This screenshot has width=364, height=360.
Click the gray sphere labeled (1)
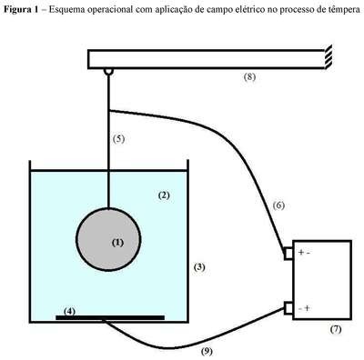(108, 239)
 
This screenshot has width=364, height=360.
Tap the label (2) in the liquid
(164, 195)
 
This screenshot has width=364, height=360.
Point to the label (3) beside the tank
(199, 267)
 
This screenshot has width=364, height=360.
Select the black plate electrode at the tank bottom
(110, 317)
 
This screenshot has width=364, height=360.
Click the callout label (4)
(70, 311)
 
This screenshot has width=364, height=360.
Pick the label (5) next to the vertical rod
(118, 139)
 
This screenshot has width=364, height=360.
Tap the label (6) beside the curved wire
(278, 205)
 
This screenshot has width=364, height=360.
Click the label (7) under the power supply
(336, 329)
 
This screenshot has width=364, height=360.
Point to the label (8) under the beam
(249, 76)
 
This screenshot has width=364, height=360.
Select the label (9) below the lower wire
(207, 352)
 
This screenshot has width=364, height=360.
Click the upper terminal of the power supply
(288, 254)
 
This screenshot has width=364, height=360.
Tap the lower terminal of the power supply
(288, 308)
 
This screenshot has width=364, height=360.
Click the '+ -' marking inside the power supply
(304, 253)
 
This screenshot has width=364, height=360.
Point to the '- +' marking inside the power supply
(304, 308)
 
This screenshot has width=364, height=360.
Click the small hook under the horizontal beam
(108, 72)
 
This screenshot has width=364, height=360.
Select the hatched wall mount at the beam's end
(329, 57)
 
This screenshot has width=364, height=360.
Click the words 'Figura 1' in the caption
(22, 9)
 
